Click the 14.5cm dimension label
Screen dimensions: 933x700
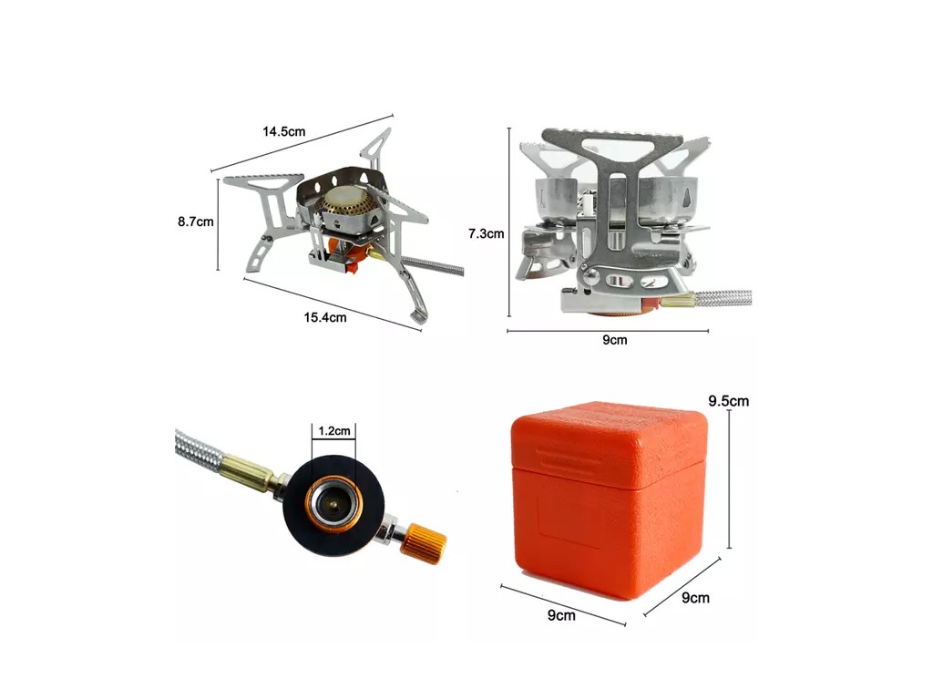tap(284, 131)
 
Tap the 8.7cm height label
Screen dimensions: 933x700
tap(195, 221)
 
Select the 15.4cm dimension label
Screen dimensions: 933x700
tap(325, 317)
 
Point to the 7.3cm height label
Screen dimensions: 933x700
tap(486, 234)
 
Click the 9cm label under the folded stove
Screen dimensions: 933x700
tap(615, 340)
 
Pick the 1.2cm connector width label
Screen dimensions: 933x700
tap(333, 430)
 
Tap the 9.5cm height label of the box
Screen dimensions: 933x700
tap(728, 401)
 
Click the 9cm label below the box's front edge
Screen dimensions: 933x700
tap(561, 615)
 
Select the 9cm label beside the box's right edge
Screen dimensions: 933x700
tap(695, 598)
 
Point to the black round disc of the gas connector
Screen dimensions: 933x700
tap(333, 505)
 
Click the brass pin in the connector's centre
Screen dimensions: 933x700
tap(332, 505)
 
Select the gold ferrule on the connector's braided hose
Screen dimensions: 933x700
tap(248, 469)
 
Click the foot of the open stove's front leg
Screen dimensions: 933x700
tap(416, 316)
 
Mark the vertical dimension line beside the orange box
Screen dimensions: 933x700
tap(729, 479)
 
